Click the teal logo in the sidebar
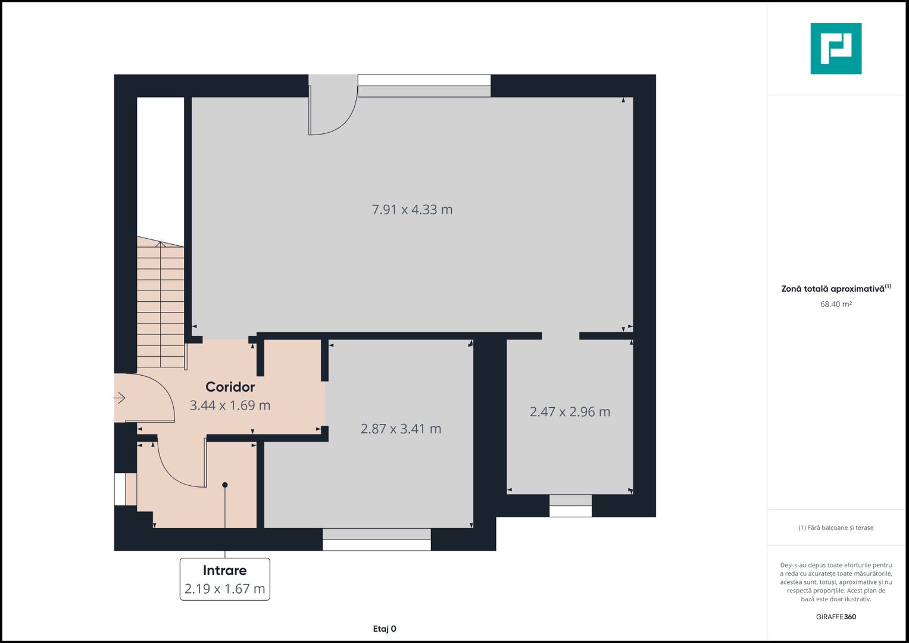click(x=836, y=49)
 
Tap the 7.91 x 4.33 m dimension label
click(x=412, y=210)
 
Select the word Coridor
click(x=230, y=387)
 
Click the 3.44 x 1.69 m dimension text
click(x=230, y=405)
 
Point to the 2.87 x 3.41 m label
click(x=401, y=429)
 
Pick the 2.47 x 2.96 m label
click(x=570, y=411)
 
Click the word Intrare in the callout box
click(x=225, y=570)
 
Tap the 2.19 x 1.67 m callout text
click(x=225, y=589)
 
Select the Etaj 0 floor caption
click(x=385, y=629)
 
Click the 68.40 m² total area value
click(x=836, y=304)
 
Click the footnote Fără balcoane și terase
click(x=836, y=527)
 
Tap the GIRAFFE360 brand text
click(x=836, y=617)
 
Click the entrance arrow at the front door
click(x=119, y=398)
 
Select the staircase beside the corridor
click(x=161, y=302)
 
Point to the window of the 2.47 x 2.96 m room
click(x=570, y=506)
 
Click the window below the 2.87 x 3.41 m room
click(x=377, y=539)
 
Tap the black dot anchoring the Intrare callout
click(x=225, y=485)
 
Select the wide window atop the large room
click(x=424, y=86)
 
